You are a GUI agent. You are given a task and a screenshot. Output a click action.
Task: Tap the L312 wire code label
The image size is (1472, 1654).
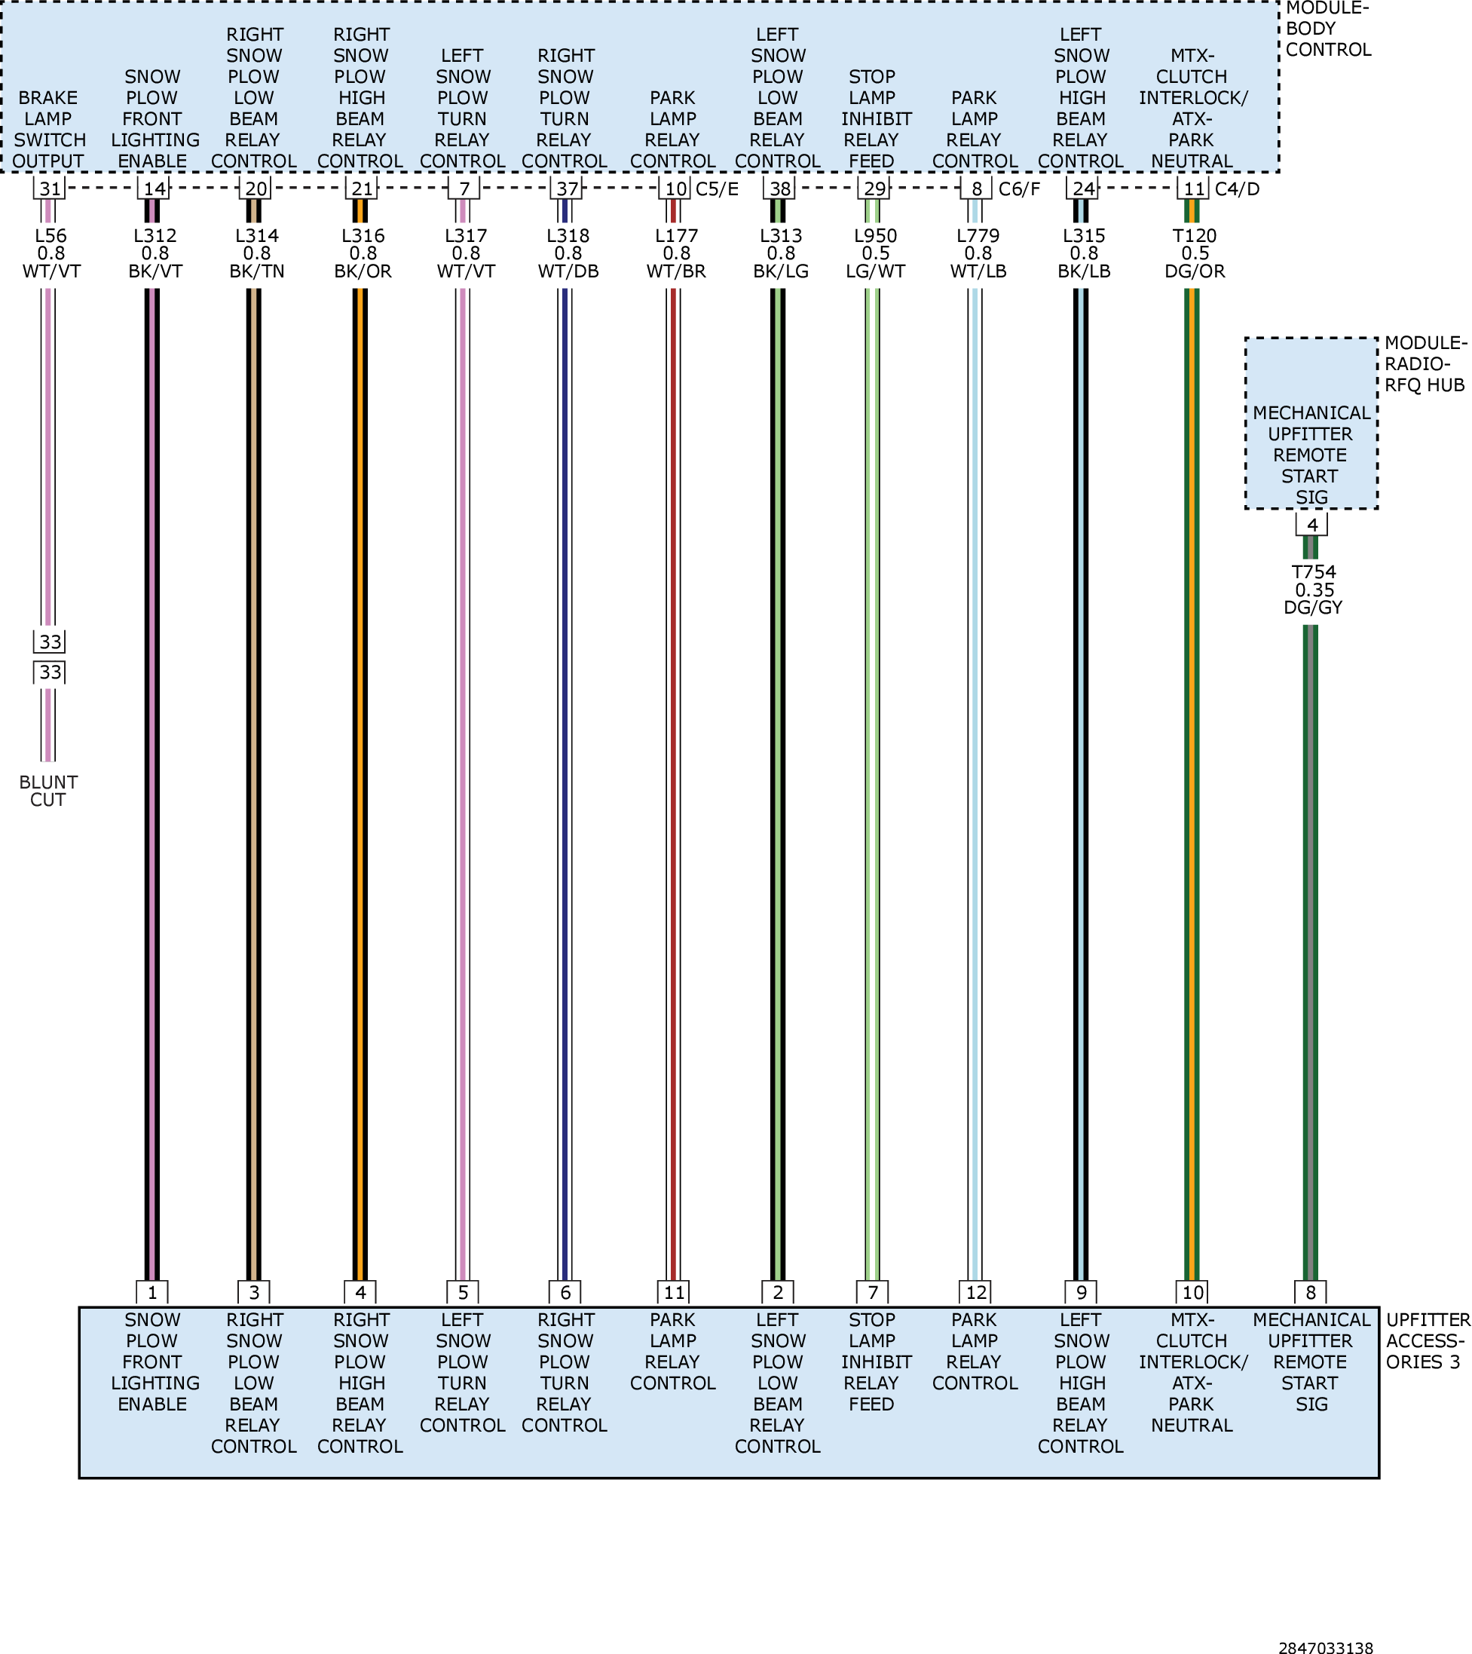[x=155, y=235]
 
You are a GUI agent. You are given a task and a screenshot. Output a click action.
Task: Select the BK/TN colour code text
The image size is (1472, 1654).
[x=256, y=271]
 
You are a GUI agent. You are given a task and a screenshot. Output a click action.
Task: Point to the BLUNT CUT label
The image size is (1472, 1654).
[x=48, y=791]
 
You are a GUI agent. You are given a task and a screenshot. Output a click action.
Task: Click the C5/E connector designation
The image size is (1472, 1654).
[x=717, y=189]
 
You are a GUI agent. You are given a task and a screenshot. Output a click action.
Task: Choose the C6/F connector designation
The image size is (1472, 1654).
[x=1020, y=189]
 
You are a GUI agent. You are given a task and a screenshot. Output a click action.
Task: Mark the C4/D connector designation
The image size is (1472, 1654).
[x=1237, y=189]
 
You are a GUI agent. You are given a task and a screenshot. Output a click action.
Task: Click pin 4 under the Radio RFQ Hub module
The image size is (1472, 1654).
[x=1311, y=525]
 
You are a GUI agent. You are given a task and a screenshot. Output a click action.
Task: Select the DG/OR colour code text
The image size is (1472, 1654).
[x=1195, y=271]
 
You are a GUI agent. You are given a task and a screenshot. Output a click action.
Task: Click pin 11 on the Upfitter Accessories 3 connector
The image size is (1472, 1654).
[x=674, y=1292]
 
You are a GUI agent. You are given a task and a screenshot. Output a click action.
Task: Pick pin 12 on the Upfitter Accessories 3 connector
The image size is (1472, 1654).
[x=976, y=1292]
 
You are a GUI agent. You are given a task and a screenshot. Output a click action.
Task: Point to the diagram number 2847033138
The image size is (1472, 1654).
[x=1326, y=1646]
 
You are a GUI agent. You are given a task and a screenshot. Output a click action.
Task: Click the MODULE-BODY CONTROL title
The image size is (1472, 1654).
[x=1328, y=29]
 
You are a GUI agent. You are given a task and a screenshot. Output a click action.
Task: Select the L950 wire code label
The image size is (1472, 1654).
[x=876, y=235]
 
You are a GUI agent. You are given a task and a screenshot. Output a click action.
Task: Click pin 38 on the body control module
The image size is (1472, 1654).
[x=779, y=188]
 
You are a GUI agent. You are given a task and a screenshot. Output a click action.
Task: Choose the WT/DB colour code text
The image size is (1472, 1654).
[x=568, y=271]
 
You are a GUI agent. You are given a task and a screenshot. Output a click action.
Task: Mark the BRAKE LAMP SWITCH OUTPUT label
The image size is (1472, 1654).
[x=48, y=130]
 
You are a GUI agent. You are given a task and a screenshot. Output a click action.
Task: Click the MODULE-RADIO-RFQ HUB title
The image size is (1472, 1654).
[x=1425, y=364]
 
